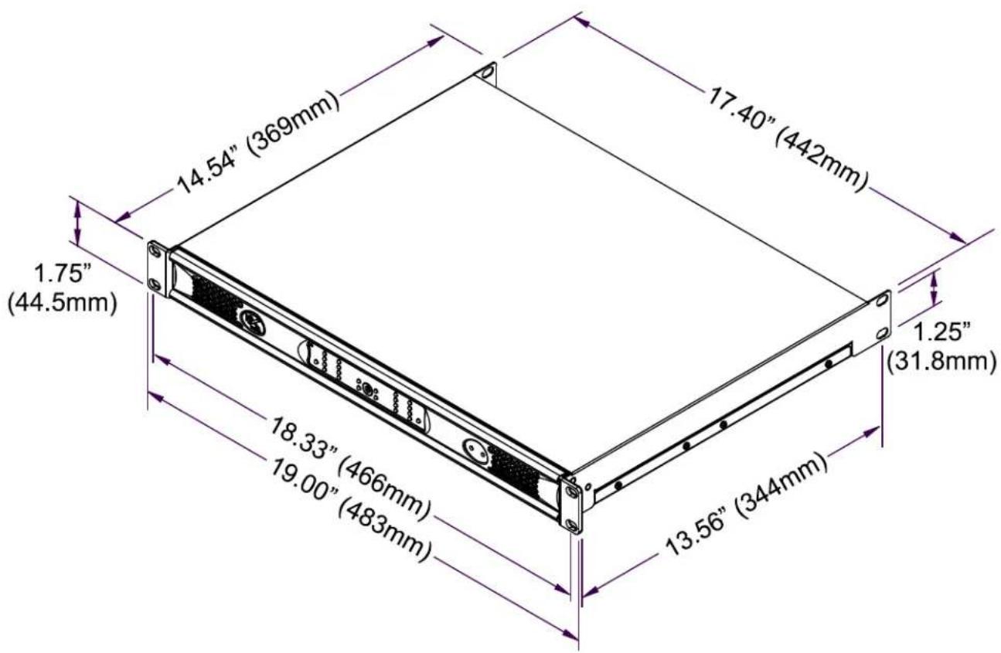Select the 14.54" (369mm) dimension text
[x=259, y=142]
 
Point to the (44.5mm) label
[x=63, y=303]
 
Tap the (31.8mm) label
[x=941, y=362]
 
